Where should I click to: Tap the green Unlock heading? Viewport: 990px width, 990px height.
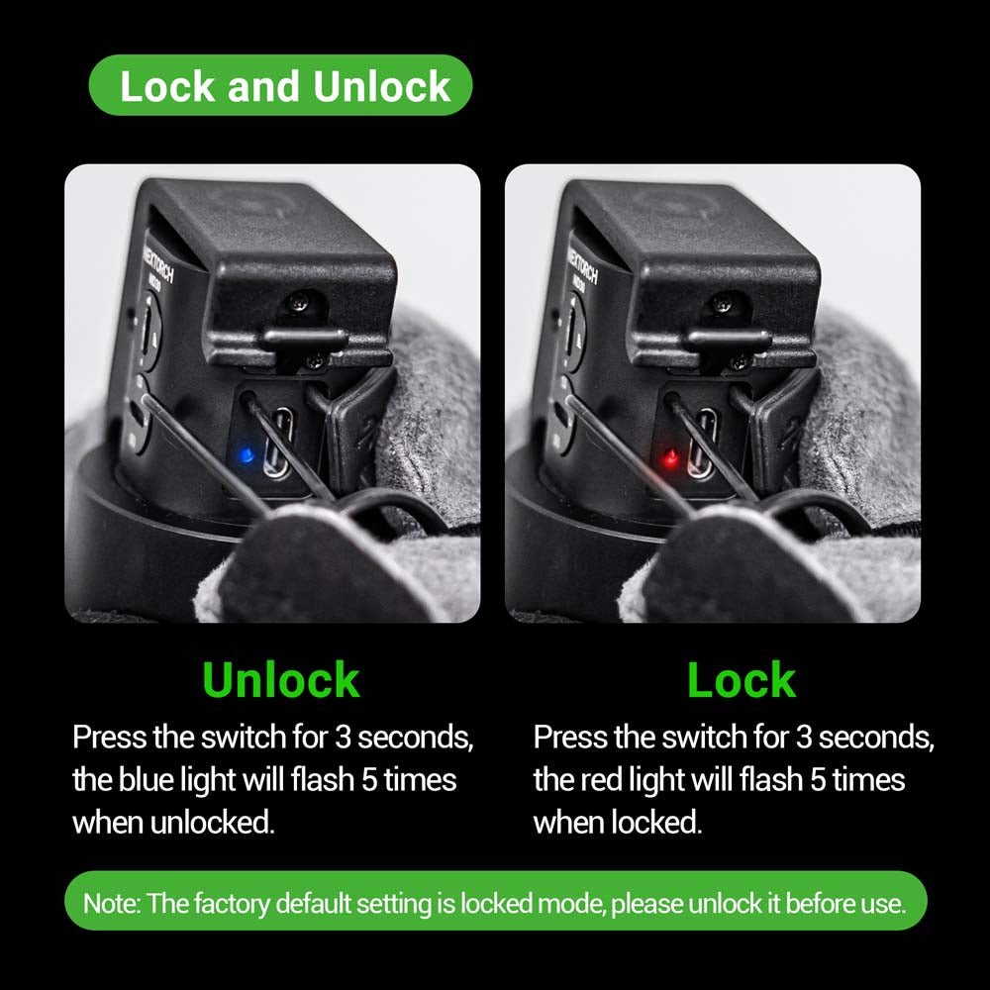click(281, 680)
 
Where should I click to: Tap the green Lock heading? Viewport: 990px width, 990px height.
click(742, 680)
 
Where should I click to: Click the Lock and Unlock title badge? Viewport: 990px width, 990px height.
click(281, 85)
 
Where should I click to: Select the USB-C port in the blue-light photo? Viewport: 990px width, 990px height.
click(279, 441)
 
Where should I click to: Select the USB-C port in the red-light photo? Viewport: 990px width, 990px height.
click(703, 441)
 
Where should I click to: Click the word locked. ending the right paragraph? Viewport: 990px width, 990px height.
click(656, 823)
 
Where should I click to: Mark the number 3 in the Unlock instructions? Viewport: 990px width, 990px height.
click(343, 738)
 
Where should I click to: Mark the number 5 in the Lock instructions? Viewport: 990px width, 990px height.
click(819, 780)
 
